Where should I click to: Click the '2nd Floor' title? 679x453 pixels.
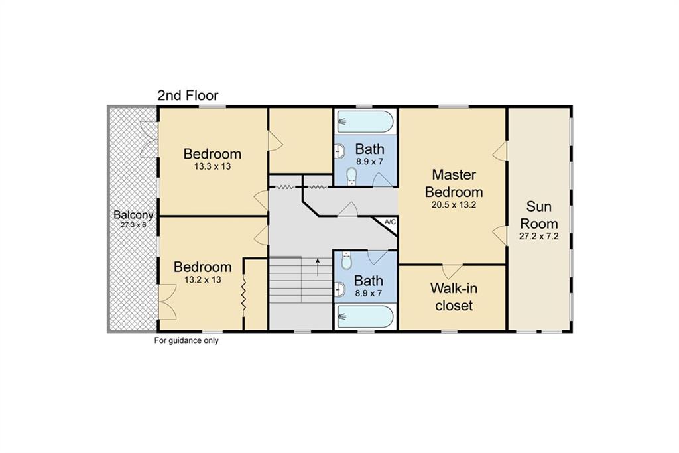188,96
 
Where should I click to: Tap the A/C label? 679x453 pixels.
390,222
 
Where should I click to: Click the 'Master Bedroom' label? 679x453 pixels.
454,183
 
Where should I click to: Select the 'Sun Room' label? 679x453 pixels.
538,215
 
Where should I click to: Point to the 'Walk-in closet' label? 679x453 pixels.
454,296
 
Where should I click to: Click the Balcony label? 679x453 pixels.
133,215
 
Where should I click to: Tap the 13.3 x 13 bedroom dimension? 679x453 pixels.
213,166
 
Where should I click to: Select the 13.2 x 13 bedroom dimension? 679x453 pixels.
203,280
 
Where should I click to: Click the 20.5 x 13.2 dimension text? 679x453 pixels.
454,205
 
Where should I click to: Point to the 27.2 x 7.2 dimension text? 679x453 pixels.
538,237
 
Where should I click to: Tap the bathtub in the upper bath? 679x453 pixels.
365,121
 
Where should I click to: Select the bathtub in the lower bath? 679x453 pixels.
365,316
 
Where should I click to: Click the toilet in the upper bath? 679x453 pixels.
351,176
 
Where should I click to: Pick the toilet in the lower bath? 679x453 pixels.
346,260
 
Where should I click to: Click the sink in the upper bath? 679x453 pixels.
340,152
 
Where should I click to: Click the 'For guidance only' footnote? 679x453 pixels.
186,340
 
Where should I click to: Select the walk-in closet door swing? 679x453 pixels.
452,271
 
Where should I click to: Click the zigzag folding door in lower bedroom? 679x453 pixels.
243,294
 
